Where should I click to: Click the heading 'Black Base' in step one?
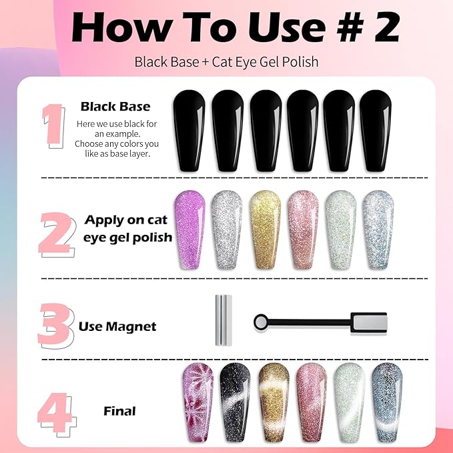click(x=115, y=107)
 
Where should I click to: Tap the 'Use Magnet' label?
click(x=117, y=326)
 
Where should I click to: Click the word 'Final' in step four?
click(x=119, y=411)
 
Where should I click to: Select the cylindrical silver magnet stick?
click(x=223, y=320)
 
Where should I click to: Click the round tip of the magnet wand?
click(x=261, y=322)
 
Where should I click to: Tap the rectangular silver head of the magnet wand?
click(x=369, y=323)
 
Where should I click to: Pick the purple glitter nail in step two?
click(x=190, y=230)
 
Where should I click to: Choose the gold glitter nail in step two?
click(x=265, y=230)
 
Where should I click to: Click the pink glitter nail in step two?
click(x=303, y=230)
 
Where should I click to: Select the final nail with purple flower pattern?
click(x=198, y=402)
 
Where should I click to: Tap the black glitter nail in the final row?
click(x=235, y=402)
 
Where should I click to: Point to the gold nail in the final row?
click(x=274, y=402)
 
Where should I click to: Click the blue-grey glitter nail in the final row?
click(x=387, y=402)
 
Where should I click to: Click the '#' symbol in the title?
click(x=350, y=28)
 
